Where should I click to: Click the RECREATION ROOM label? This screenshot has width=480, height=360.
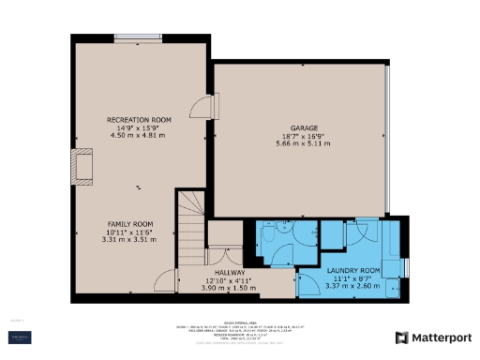pyautogui.click(x=138, y=120)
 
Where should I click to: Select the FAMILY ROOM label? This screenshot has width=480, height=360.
pyautogui.click(x=128, y=224)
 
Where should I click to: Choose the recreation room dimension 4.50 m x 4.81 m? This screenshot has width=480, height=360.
pyautogui.click(x=138, y=137)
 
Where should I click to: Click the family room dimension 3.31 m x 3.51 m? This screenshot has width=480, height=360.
pyautogui.click(x=128, y=240)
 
